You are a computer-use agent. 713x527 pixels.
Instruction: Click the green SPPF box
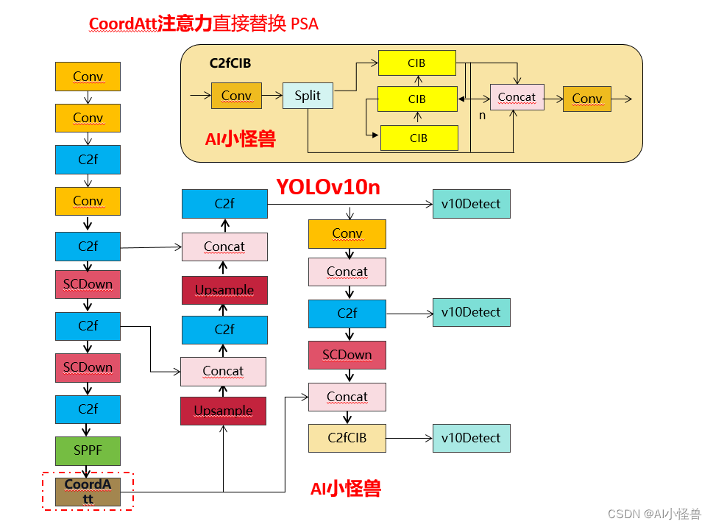(x=88, y=450)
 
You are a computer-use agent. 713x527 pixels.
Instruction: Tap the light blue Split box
(x=308, y=96)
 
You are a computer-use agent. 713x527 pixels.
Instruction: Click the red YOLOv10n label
(x=328, y=187)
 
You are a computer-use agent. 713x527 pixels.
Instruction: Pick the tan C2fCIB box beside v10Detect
(x=347, y=438)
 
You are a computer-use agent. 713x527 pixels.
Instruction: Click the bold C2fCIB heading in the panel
(x=230, y=63)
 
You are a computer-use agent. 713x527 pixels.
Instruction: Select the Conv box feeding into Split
(x=236, y=96)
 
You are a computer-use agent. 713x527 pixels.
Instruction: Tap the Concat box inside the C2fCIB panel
(x=517, y=97)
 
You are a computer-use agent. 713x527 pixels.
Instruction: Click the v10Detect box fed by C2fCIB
(x=471, y=438)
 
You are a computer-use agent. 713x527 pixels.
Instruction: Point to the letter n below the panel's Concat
(x=483, y=116)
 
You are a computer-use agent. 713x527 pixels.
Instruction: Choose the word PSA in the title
(x=305, y=24)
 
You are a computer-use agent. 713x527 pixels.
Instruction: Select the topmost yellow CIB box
(x=416, y=63)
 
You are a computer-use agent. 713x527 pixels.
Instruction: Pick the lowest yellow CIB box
(x=419, y=138)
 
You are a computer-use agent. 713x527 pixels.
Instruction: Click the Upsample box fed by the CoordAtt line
(x=224, y=411)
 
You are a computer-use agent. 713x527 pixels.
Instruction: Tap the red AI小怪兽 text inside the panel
(x=241, y=138)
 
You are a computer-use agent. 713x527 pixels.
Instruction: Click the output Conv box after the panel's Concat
(x=586, y=99)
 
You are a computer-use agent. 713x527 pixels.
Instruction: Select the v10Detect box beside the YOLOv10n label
(x=471, y=204)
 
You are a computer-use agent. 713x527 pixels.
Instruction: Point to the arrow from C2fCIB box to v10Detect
(x=409, y=438)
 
